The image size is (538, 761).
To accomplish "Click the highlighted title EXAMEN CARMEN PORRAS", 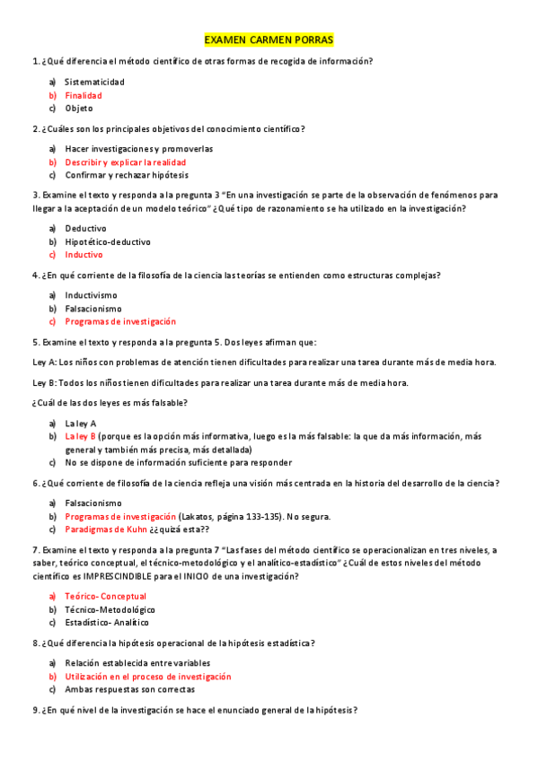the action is pyautogui.click(x=269, y=40).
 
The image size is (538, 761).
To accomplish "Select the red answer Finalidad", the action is pyautogui.click(x=83, y=95).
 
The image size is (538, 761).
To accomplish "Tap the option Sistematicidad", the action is pyautogui.click(x=94, y=82).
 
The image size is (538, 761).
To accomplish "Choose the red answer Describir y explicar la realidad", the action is pyautogui.click(x=125, y=162).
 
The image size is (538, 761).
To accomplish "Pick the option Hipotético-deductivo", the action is pyautogui.click(x=108, y=241).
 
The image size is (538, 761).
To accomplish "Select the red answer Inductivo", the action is pyautogui.click(x=84, y=255).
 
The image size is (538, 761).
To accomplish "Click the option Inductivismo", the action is pyautogui.click(x=91, y=295).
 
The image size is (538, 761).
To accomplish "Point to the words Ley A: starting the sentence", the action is pyautogui.click(x=44, y=363).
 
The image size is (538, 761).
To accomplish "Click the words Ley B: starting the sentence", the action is pyautogui.click(x=44, y=382).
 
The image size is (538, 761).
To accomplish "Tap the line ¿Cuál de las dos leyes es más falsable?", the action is pyautogui.click(x=110, y=402).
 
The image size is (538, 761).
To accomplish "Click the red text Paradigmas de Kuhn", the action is pyautogui.click(x=106, y=529).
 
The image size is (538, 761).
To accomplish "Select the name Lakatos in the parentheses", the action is pyautogui.click(x=199, y=516).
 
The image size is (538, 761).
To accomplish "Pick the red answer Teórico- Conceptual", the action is pyautogui.click(x=105, y=596).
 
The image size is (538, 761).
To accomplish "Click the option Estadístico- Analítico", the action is pyautogui.click(x=107, y=622).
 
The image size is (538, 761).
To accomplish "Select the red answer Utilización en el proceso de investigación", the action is pyautogui.click(x=147, y=677).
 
